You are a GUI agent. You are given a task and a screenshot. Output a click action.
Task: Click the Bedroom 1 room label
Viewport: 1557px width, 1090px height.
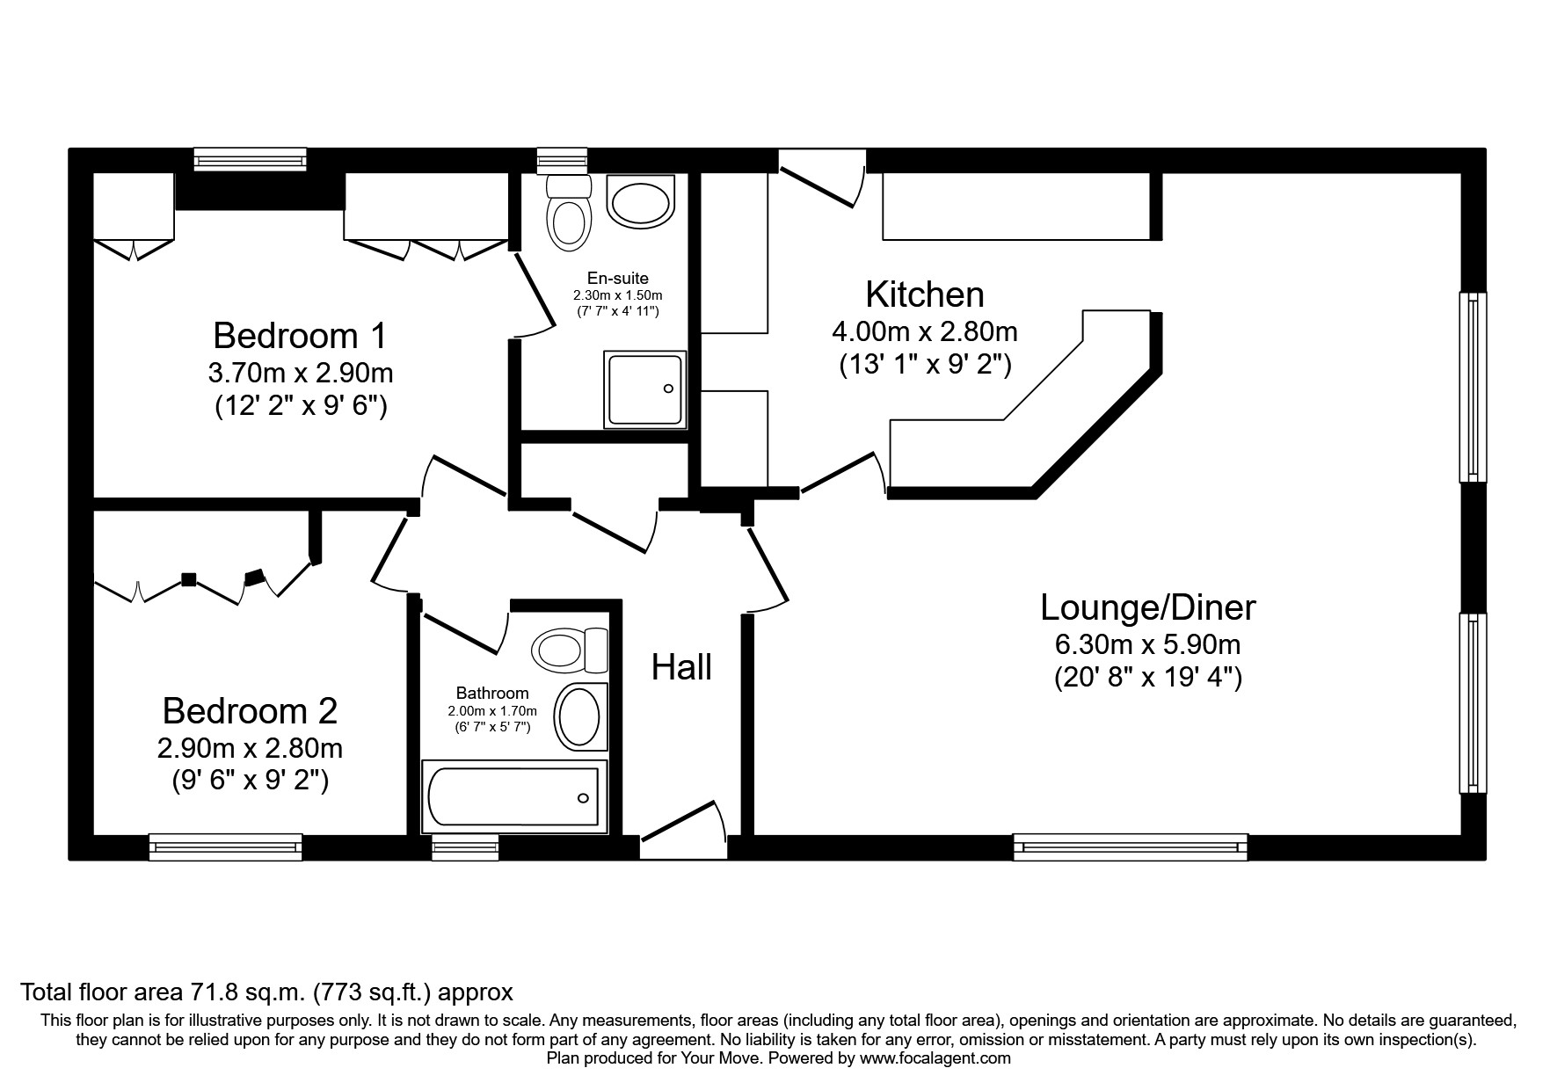click(x=300, y=336)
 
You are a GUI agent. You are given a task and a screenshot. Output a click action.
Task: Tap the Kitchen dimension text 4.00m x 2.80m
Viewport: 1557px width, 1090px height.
click(x=924, y=331)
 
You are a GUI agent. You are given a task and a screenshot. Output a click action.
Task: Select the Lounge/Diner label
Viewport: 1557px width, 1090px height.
click(x=1147, y=607)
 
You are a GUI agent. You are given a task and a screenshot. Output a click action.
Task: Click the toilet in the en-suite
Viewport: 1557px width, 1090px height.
click(x=568, y=214)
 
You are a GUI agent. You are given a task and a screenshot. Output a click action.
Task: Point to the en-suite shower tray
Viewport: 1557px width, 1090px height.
click(x=644, y=389)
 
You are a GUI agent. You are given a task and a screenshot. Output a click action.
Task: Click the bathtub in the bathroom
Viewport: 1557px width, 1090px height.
click(x=513, y=797)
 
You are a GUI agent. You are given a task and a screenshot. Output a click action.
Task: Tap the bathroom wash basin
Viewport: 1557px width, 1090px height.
click(x=579, y=716)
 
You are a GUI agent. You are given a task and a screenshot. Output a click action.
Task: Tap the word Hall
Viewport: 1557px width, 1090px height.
click(x=681, y=668)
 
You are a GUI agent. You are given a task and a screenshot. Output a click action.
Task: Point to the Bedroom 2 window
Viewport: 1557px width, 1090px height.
click(x=226, y=847)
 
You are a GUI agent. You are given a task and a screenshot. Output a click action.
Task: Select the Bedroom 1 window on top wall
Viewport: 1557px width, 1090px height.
click(x=251, y=159)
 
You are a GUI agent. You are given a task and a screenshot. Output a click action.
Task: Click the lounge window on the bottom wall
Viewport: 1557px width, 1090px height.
click(x=1130, y=847)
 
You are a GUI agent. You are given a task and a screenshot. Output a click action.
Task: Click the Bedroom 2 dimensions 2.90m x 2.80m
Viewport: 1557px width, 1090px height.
click(x=250, y=748)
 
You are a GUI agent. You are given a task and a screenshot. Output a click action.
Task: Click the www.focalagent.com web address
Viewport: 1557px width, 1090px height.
click(x=935, y=1058)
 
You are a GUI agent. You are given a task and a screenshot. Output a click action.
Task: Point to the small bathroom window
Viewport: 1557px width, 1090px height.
click(x=465, y=847)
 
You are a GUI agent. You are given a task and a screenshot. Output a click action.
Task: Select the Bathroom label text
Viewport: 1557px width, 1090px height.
click(x=492, y=693)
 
